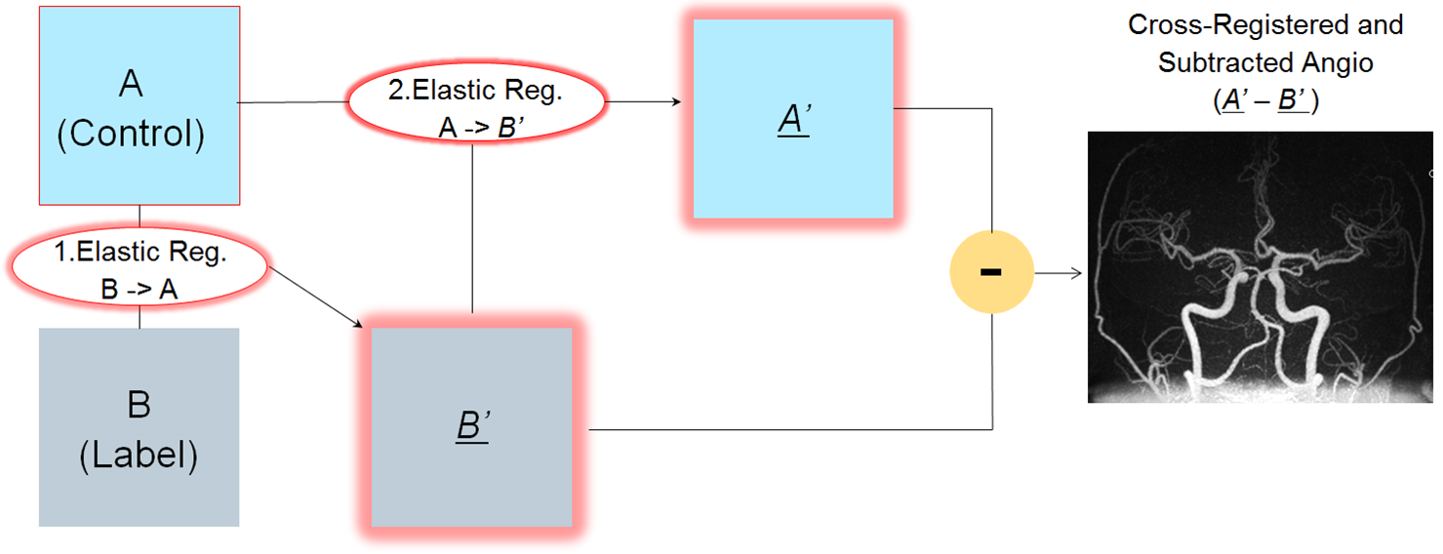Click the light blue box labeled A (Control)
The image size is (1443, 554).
click(x=139, y=105)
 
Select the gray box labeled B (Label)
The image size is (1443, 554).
click(x=139, y=427)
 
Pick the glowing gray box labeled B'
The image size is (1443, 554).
click(x=472, y=427)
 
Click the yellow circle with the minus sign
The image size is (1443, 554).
click(x=990, y=271)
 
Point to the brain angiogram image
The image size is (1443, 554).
click(x=1260, y=267)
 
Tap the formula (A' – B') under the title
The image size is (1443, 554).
click(x=1265, y=101)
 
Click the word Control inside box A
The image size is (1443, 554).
click(x=131, y=134)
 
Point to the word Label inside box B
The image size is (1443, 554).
click(x=139, y=455)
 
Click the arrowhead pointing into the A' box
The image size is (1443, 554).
click(x=676, y=101)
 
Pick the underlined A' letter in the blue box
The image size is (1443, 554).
click(x=792, y=121)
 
